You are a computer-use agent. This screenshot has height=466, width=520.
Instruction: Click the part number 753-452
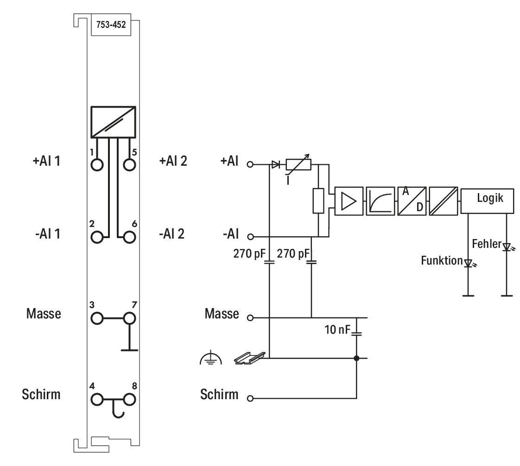[x=111, y=25]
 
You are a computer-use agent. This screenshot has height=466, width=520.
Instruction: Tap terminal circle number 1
[x=97, y=165]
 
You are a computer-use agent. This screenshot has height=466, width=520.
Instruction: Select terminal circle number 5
[x=129, y=165]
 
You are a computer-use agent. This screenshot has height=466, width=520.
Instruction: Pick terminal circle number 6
[x=129, y=237]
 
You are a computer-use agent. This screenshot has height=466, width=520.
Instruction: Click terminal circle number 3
[x=97, y=318]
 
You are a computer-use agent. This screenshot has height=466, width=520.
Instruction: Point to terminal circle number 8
[x=129, y=400]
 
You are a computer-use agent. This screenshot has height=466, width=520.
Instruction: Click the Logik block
[x=487, y=201]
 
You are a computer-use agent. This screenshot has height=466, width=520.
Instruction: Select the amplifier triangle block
[x=349, y=201]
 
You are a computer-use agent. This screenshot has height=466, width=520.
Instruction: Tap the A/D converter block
[x=412, y=201]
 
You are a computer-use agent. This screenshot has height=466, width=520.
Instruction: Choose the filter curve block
[x=380, y=201]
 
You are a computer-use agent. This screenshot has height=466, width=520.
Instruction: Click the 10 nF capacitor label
[x=337, y=330]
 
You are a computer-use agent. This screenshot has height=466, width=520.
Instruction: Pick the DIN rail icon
[x=250, y=358]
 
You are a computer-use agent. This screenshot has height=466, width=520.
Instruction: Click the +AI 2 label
[x=173, y=161]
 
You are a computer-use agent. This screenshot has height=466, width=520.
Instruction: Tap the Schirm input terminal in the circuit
[x=250, y=398]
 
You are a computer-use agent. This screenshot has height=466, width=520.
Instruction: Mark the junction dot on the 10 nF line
[x=356, y=358]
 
